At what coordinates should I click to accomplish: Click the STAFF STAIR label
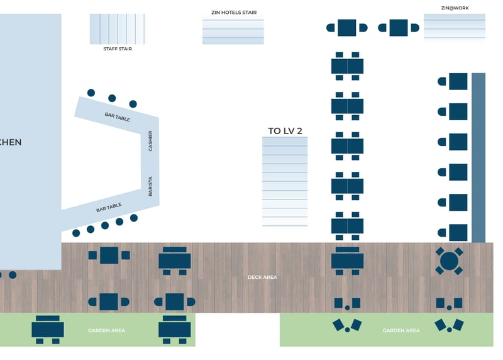(117, 48)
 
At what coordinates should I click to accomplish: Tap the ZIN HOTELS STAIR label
(233, 13)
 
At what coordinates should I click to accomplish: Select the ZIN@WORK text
(455, 8)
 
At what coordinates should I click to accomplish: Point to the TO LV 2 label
(285, 131)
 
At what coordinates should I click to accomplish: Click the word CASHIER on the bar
(150, 140)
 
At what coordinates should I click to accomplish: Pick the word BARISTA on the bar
(150, 186)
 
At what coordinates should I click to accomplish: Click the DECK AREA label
(262, 277)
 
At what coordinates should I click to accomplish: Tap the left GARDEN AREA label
(106, 330)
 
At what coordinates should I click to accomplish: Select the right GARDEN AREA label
(401, 330)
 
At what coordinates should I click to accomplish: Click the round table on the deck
(449, 261)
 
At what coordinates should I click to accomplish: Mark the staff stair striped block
(117, 29)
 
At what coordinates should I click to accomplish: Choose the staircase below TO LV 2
(285, 181)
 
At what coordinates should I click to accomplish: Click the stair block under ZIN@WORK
(455, 26)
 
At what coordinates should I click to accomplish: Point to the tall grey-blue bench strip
(478, 157)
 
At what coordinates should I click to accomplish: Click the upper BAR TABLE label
(117, 116)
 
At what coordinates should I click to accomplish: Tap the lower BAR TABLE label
(109, 206)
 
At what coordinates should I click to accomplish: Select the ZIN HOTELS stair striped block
(233, 31)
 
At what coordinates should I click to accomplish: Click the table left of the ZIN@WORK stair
(399, 28)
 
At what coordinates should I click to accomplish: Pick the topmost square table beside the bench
(458, 81)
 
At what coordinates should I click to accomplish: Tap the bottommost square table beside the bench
(458, 232)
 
